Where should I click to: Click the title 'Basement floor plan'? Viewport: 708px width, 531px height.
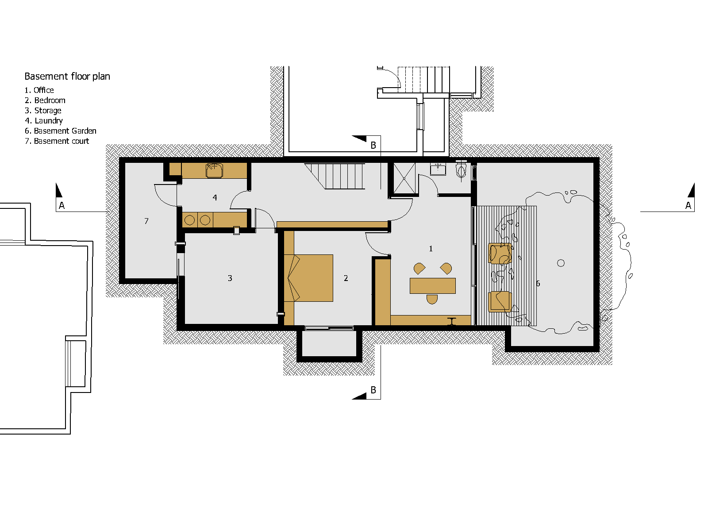[x=67, y=77]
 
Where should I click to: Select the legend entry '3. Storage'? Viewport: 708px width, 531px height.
[x=43, y=111]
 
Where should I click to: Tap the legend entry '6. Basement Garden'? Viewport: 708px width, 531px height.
[x=61, y=131]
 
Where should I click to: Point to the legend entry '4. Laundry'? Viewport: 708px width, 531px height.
[x=44, y=121]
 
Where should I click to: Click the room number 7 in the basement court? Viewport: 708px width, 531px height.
[x=146, y=221]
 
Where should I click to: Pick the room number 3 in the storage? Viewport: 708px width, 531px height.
[x=230, y=278]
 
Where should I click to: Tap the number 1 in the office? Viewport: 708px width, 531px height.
[x=431, y=249]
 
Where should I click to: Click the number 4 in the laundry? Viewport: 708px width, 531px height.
[x=215, y=198]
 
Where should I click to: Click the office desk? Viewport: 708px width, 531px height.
[x=432, y=286]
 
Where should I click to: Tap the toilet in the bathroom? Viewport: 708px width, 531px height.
[x=461, y=169]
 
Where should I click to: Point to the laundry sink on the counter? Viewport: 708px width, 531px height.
[x=214, y=170]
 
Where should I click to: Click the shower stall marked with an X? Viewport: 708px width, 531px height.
[x=404, y=178]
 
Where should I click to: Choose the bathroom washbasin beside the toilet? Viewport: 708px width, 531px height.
[x=438, y=169]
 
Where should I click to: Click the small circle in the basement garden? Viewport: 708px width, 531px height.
[x=561, y=263]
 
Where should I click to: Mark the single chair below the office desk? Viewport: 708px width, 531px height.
[x=432, y=299]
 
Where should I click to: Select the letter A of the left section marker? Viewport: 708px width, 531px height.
[x=62, y=205]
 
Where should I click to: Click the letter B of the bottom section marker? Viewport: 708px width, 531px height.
[x=373, y=390]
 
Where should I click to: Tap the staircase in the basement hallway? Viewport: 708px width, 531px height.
[x=335, y=176]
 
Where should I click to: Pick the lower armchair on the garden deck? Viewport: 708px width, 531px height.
[x=500, y=302]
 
